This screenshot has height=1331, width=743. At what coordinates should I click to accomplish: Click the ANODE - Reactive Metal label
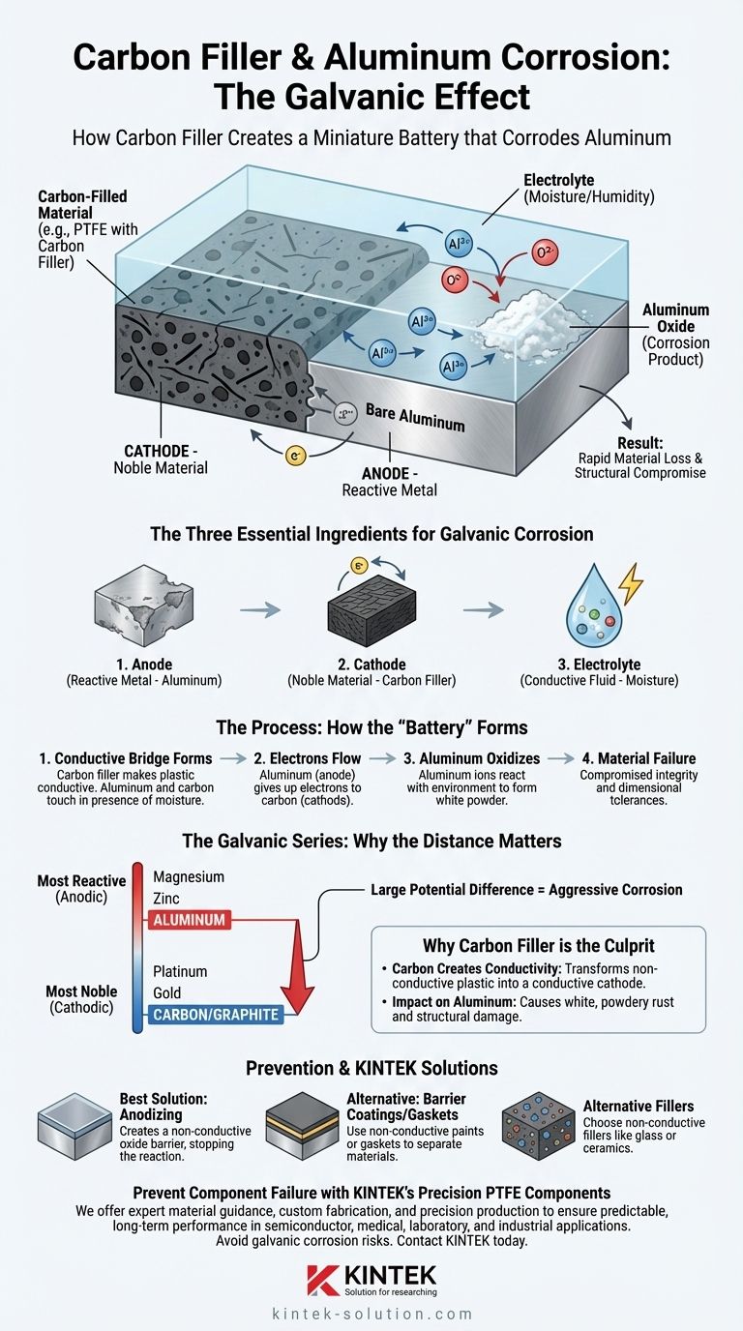click(390, 481)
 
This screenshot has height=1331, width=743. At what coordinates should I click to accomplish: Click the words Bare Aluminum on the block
click(415, 418)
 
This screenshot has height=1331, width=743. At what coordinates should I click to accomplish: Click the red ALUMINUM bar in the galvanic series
click(189, 920)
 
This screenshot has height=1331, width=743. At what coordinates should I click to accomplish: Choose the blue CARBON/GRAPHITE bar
click(215, 1015)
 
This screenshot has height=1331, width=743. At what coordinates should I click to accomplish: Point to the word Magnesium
click(189, 876)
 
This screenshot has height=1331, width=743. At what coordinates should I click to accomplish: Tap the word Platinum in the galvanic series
click(180, 971)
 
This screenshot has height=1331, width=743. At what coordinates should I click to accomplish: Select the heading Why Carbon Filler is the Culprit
click(539, 945)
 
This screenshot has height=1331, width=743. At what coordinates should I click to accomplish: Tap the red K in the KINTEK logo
click(320, 1279)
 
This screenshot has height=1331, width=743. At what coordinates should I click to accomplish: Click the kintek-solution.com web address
click(371, 1314)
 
